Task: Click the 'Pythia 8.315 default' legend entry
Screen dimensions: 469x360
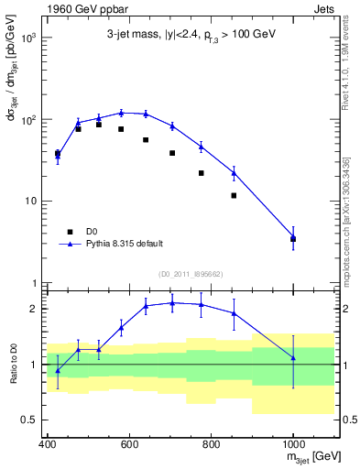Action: click(114, 245)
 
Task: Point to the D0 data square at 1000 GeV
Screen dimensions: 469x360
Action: click(293, 239)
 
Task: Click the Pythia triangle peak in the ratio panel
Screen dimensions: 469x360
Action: click(172, 303)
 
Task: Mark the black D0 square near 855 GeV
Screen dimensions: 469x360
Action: click(235, 195)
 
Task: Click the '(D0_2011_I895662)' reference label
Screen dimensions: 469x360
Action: click(191, 274)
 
